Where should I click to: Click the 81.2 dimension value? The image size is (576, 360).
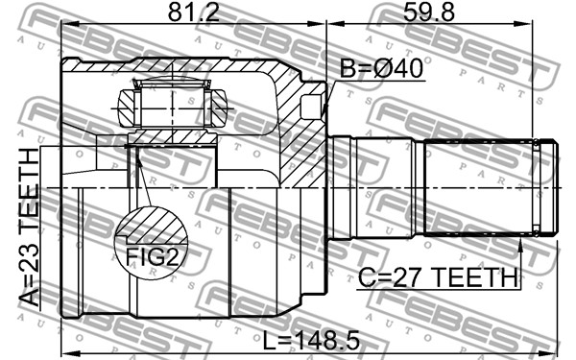click(x=194, y=12)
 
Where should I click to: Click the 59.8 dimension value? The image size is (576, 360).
click(x=429, y=12)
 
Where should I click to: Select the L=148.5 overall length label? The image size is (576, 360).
click(x=311, y=340)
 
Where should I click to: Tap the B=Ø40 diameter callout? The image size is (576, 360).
click(x=381, y=68)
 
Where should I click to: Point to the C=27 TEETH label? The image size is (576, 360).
click(x=438, y=277)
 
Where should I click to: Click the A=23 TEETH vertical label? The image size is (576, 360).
click(x=29, y=227)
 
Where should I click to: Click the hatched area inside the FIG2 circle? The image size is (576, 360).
click(x=152, y=226)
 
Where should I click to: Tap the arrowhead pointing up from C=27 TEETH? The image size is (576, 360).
click(x=519, y=245)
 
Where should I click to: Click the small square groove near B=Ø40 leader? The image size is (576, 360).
click(x=311, y=107)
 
